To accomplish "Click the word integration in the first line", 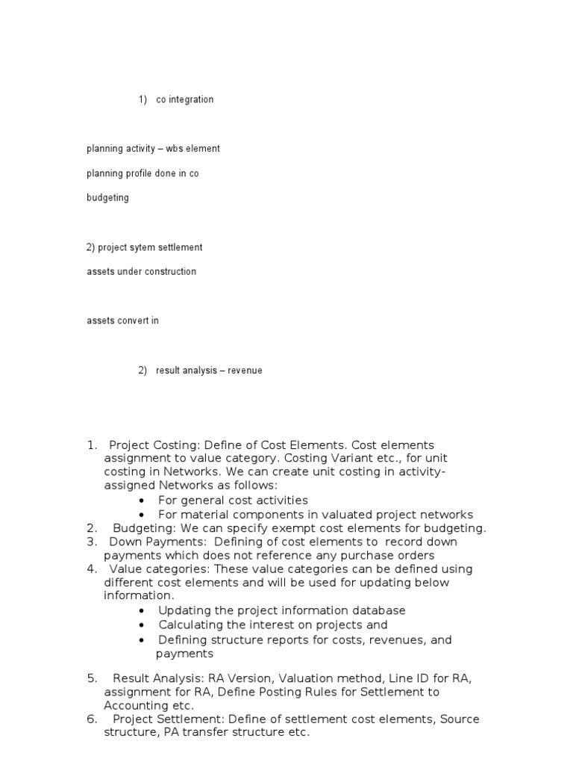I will [x=191, y=99].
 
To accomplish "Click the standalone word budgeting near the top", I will [x=107, y=198].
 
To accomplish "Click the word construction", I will [x=169, y=272].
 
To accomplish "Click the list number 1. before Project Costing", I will [x=92, y=446].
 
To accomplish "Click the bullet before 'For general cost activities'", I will [x=142, y=501].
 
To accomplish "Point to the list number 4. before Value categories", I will [x=92, y=569].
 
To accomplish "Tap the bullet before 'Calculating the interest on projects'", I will [x=142, y=625].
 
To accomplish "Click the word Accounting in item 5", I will [x=137, y=705].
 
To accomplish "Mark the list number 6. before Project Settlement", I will [x=92, y=719].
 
